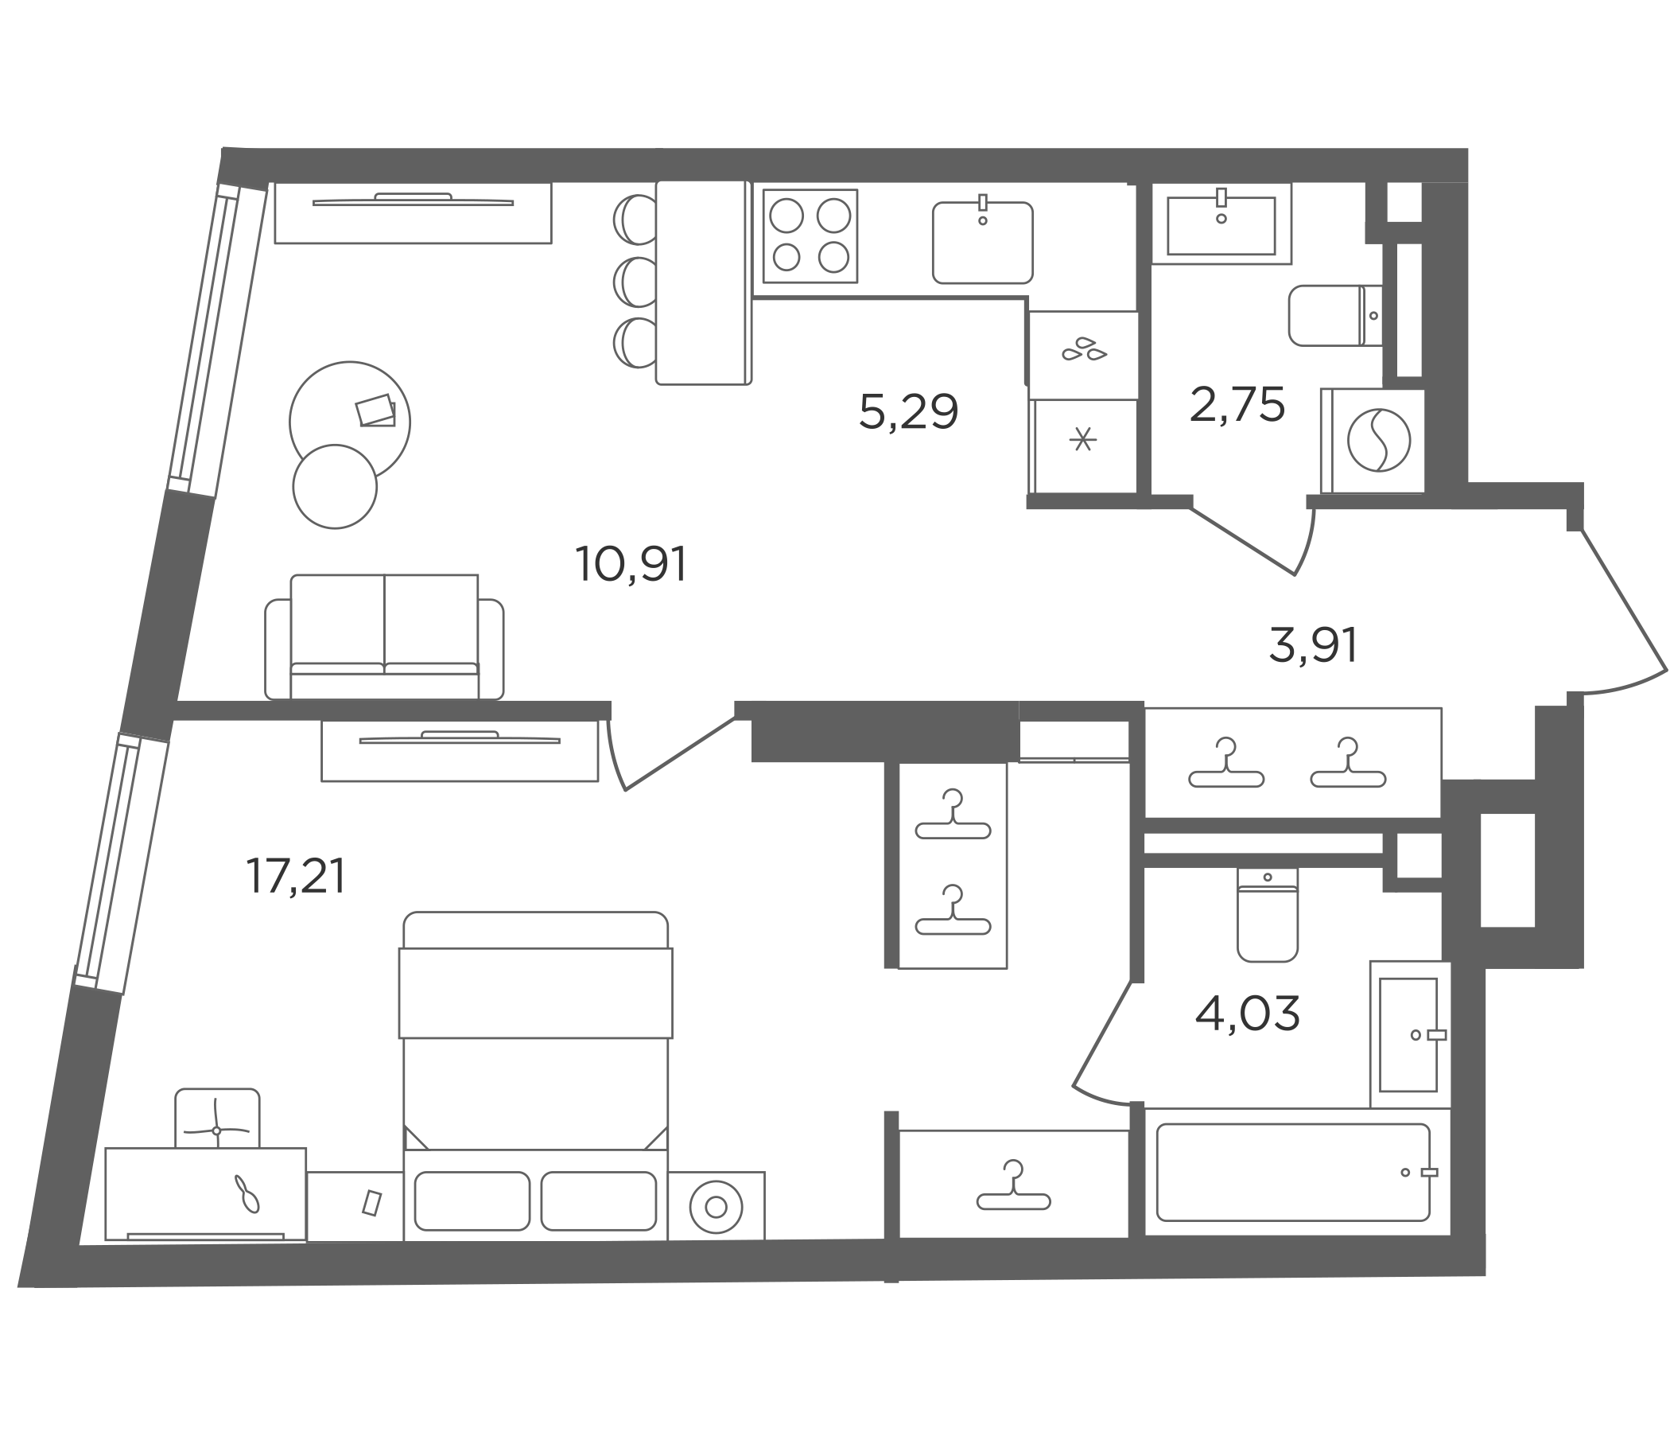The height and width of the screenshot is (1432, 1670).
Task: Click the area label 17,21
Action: click(296, 877)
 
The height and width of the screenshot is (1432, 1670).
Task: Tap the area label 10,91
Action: click(631, 563)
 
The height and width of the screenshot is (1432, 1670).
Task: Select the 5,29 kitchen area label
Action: click(908, 411)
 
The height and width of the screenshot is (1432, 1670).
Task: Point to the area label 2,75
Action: click(1237, 405)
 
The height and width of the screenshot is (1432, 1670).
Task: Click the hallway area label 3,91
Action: click(1313, 646)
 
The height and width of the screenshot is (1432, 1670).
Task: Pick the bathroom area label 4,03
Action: click(1248, 1014)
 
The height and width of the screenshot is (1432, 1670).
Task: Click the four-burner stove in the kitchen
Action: click(810, 236)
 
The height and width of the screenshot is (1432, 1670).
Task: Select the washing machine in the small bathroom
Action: click(1373, 441)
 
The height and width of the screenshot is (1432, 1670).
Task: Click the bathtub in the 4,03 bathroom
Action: click(1293, 1173)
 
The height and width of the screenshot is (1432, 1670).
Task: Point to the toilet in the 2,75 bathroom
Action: click(1335, 315)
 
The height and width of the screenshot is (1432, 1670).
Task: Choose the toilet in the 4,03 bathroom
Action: click(1267, 915)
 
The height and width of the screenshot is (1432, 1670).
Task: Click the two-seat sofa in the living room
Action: click(384, 637)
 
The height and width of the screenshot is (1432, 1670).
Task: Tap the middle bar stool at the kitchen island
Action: click(636, 282)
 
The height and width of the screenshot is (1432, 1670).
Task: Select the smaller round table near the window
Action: click(335, 487)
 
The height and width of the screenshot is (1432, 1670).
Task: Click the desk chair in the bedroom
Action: click(217, 1119)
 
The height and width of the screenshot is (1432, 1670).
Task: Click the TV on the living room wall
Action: click(413, 200)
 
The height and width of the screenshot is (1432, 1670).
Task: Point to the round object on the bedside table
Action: click(716, 1207)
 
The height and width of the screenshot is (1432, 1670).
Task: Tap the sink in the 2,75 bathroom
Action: click(1221, 224)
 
